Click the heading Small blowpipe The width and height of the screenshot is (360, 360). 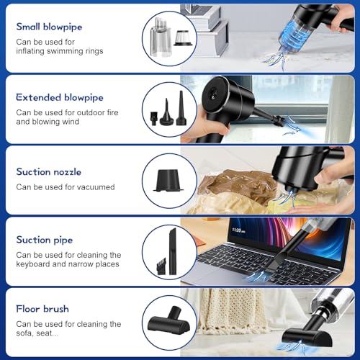coord(49,27)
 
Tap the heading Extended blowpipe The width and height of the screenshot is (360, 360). coord(60,98)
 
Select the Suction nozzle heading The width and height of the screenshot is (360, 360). coord(49,172)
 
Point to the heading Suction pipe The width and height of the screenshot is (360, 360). coord(45,240)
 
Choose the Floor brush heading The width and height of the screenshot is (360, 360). coord(42,309)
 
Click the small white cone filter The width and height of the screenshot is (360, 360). coord(183,38)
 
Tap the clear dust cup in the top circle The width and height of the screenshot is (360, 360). coord(161,37)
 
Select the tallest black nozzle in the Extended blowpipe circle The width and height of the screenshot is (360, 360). coord(181,108)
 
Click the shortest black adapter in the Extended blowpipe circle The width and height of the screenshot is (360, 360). coord(154,118)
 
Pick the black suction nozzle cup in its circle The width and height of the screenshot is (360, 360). coord(168,181)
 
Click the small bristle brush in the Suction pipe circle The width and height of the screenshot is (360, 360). coord(161,266)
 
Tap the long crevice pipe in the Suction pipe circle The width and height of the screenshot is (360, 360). coord(173,251)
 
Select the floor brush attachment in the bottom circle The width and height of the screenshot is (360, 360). coord(169,320)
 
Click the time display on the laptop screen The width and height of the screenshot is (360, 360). coord(238,230)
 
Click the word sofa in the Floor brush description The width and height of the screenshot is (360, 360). coord(24,333)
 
